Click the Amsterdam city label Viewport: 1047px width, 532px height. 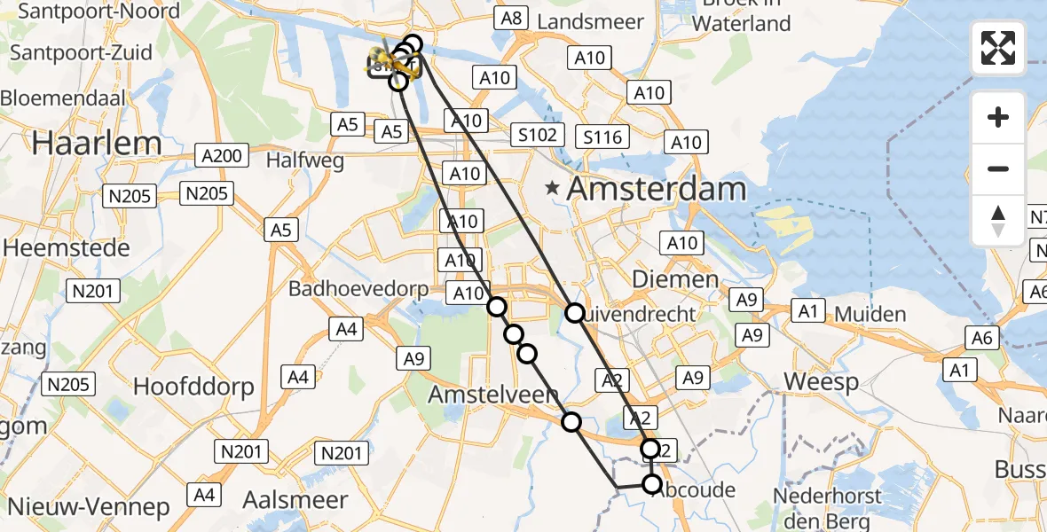click(x=657, y=189)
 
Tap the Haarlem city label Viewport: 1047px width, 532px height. click(x=98, y=143)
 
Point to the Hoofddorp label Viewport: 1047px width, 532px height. click(x=193, y=386)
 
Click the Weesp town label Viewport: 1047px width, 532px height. click(x=822, y=382)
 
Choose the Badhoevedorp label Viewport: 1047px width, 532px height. click(x=358, y=289)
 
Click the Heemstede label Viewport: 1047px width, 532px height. click(x=67, y=248)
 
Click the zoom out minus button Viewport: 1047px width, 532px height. click(x=998, y=168)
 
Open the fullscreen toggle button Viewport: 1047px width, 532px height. click(x=998, y=48)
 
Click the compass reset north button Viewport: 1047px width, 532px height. click(x=998, y=221)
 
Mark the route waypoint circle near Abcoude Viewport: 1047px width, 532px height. click(x=652, y=483)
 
